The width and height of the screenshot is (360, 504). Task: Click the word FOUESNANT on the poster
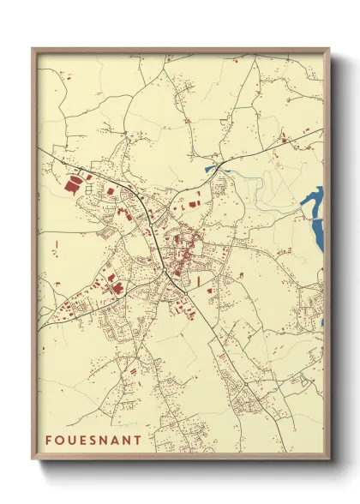pyautogui.click(x=93, y=441)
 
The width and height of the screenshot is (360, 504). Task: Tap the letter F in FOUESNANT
pyautogui.click(x=49, y=441)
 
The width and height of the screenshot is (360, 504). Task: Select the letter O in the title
pyautogui.click(x=61, y=441)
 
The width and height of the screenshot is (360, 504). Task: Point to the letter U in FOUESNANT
pyautogui.click(x=74, y=441)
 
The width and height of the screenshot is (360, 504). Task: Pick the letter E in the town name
pyautogui.click(x=86, y=441)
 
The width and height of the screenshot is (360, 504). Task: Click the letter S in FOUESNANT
pyautogui.click(x=96, y=441)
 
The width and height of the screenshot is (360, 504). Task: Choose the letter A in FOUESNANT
pyautogui.click(x=120, y=441)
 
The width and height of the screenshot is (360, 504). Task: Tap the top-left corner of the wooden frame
pyautogui.click(x=33, y=49)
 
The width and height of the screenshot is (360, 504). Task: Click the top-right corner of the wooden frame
pyautogui.click(x=328, y=49)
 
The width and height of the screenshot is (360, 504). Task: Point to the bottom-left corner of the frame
pyautogui.click(x=33, y=461)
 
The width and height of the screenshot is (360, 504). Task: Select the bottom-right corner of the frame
pyautogui.click(x=328, y=461)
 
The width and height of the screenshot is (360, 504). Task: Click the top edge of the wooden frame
pyautogui.click(x=180, y=50)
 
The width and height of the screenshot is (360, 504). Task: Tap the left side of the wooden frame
pyautogui.click(x=33, y=257)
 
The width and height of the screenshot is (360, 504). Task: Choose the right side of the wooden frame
pyautogui.click(x=327, y=257)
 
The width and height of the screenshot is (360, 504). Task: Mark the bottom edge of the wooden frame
pyautogui.click(x=180, y=460)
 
